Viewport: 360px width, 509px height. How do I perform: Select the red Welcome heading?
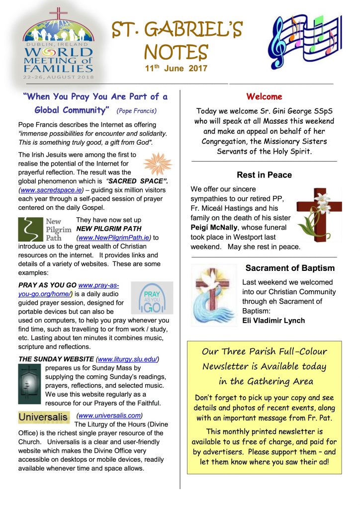click(x=264, y=96)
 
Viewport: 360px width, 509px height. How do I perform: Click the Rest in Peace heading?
click(x=264, y=175)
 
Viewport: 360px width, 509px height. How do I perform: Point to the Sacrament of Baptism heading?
click(x=290, y=268)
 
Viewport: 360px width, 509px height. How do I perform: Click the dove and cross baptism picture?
click(x=214, y=294)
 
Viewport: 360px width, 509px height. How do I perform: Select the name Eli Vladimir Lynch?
click(x=274, y=320)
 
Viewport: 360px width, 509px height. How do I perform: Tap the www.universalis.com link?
click(x=110, y=415)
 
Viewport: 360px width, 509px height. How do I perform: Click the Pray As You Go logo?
click(x=152, y=298)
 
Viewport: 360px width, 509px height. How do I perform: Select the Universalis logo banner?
click(x=44, y=417)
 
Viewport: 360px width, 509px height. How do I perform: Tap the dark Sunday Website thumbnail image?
click(x=29, y=384)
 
